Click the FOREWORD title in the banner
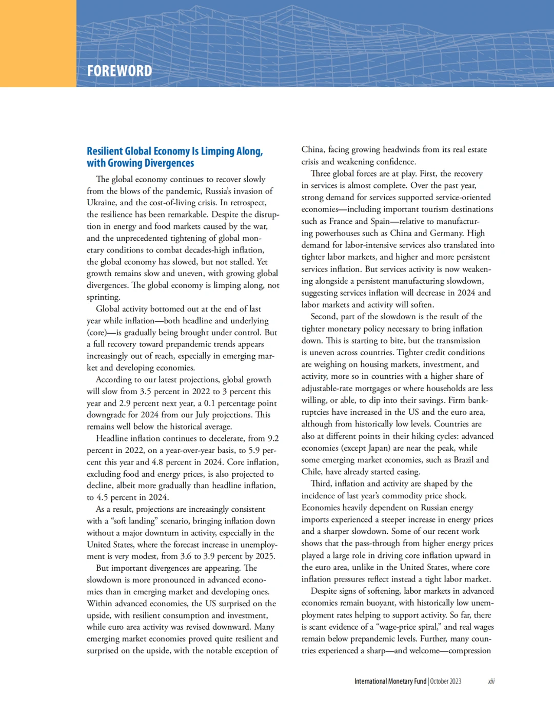tap(120, 71)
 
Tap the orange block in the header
tap(38, 43)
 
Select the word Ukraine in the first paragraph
tap(101, 203)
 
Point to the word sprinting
tap(103, 297)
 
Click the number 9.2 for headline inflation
tap(273, 438)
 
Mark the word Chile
tap(311, 472)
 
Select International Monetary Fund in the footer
tap(390, 682)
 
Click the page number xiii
tap(491, 682)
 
